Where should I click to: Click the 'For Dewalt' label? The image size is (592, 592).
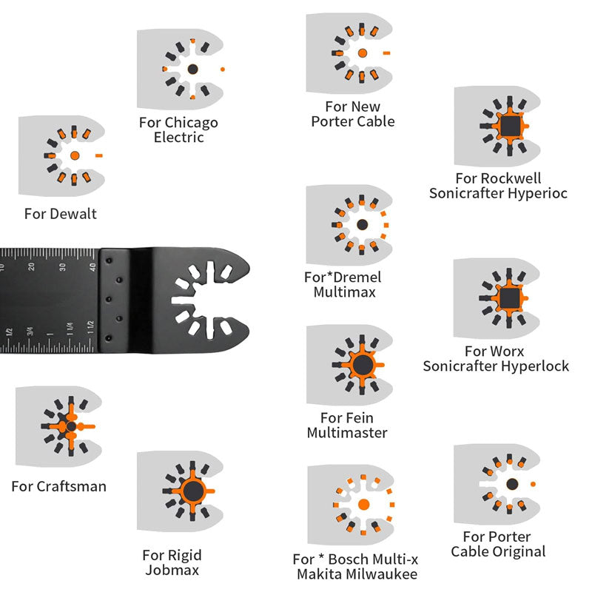click(61, 214)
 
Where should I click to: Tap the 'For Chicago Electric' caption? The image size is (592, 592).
click(178, 129)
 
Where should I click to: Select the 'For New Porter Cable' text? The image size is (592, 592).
click(353, 114)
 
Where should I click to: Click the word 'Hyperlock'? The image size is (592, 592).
click(533, 366)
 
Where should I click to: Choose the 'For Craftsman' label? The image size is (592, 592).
click(59, 486)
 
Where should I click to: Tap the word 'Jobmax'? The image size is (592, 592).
click(172, 570)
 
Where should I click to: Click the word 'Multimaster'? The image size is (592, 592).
click(347, 433)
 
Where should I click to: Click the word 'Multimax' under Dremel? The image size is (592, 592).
click(344, 292)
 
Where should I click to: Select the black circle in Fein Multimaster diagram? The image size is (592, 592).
click(362, 364)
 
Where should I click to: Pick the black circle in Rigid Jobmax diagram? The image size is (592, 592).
click(192, 491)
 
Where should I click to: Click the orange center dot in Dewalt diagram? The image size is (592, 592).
click(75, 155)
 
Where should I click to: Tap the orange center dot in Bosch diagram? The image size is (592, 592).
click(362, 505)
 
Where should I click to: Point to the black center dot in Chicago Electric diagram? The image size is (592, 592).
click(192, 69)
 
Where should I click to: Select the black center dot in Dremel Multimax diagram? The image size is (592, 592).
click(362, 224)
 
